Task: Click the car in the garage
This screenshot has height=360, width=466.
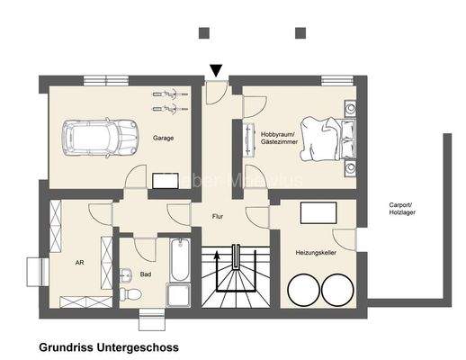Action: [x=94, y=138]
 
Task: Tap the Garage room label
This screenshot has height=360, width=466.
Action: [x=163, y=138]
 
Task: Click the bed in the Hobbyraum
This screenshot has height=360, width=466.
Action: [x=328, y=139]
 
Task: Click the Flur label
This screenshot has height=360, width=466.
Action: [x=218, y=217]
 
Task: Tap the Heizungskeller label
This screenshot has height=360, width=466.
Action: [x=316, y=253]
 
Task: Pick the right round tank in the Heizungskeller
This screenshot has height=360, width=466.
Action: [x=337, y=289]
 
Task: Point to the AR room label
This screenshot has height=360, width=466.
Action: [x=79, y=264]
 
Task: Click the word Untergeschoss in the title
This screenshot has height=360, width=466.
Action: [x=138, y=346]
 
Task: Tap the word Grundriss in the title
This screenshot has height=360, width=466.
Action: [x=66, y=346]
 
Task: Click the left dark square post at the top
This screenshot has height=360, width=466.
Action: [x=204, y=33]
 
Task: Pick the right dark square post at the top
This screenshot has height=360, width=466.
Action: [x=300, y=33]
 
